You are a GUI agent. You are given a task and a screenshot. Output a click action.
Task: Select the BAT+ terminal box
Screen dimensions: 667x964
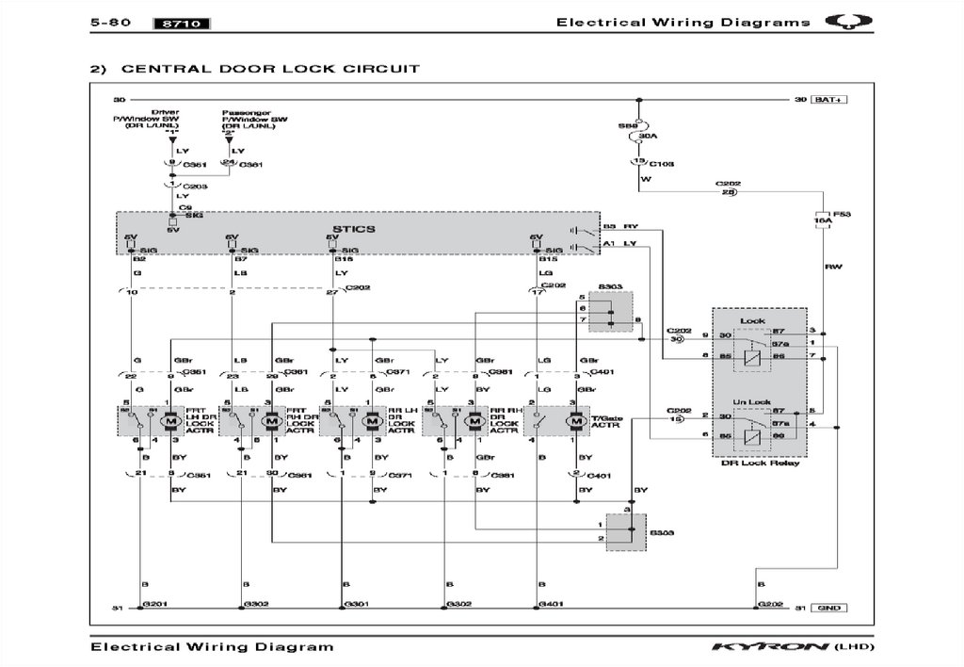coord(829,99)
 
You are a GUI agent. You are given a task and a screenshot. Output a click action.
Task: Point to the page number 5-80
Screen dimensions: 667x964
coord(110,23)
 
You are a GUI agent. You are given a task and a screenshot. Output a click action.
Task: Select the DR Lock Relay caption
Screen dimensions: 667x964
coord(759,463)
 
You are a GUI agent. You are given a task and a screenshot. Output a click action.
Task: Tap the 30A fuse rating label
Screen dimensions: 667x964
coord(648,138)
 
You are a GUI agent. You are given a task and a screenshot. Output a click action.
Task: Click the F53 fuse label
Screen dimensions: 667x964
coord(843,215)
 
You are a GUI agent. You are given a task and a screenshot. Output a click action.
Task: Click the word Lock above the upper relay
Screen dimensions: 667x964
coord(753,321)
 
